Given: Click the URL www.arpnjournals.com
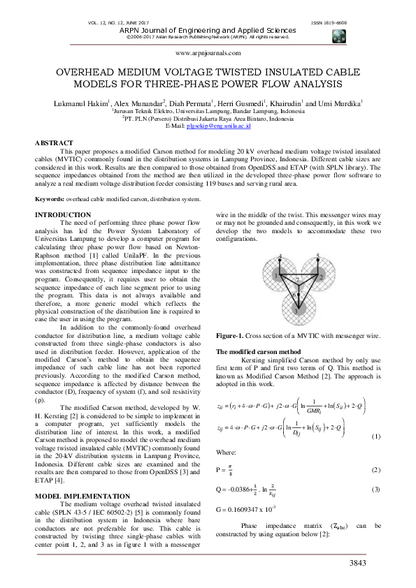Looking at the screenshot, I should pyautogui.click(x=208, y=53).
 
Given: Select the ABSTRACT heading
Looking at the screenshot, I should pyautogui.click(x=54, y=142).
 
